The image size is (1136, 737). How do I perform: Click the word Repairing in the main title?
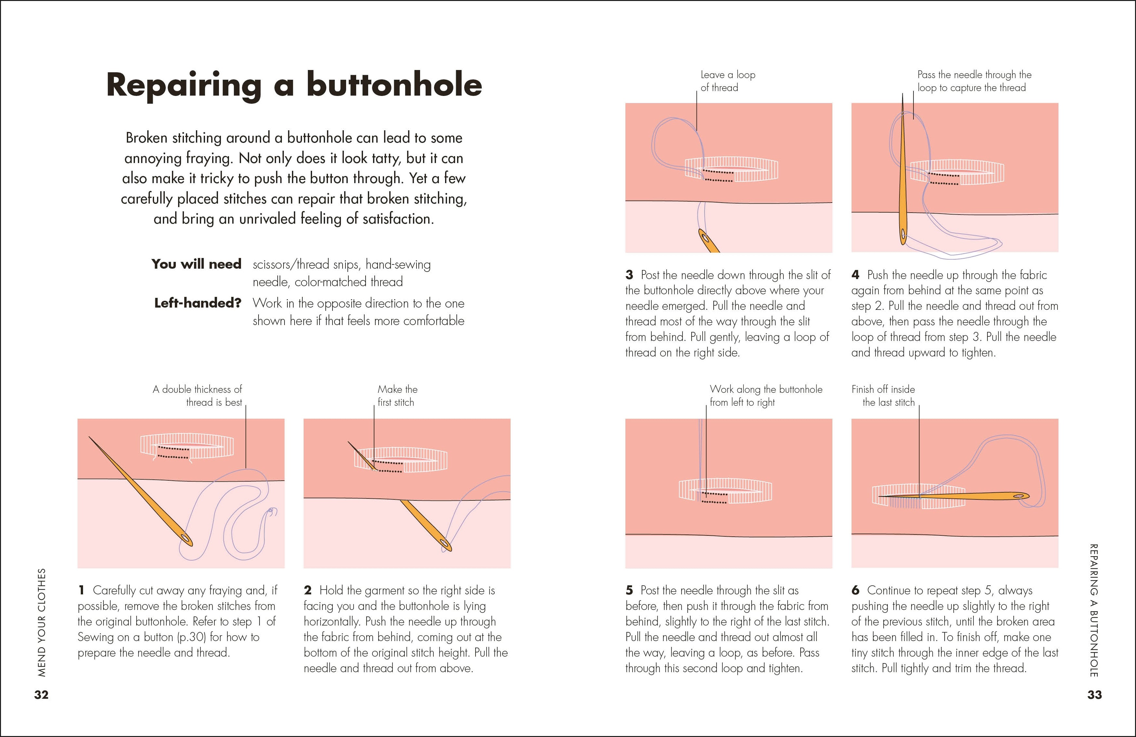click(x=183, y=86)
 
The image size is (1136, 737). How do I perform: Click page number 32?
click(x=41, y=695)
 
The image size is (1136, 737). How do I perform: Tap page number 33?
click(x=1094, y=695)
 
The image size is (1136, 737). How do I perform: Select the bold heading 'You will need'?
click(x=196, y=264)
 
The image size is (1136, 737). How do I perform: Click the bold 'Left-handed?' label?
click(x=198, y=303)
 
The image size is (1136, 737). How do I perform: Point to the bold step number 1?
click(x=82, y=591)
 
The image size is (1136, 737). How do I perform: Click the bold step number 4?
click(x=855, y=275)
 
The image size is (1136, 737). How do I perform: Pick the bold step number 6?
click(x=855, y=591)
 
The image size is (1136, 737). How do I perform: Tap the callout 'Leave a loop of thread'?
click(x=727, y=81)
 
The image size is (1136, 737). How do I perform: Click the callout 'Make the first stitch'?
click(x=397, y=396)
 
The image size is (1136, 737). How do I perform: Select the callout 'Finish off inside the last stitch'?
click(x=884, y=396)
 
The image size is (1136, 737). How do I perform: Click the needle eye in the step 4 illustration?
click(x=902, y=234)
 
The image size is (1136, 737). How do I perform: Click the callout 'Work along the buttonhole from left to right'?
click(x=766, y=396)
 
